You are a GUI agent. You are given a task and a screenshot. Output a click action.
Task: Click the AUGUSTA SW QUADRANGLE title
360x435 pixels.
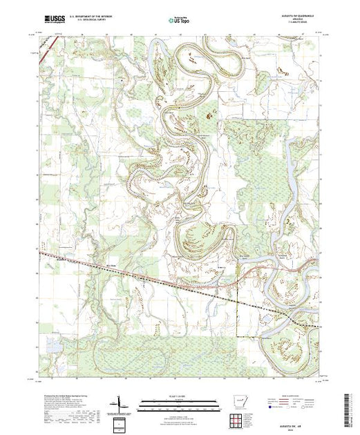[x=295, y=17]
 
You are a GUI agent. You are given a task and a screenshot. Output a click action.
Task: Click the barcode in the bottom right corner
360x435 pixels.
[x=348, y=407]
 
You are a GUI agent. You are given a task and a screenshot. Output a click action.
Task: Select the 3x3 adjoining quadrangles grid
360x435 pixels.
[x=239, y=418]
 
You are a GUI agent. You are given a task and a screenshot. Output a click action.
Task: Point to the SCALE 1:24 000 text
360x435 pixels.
[x=178, y=396]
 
